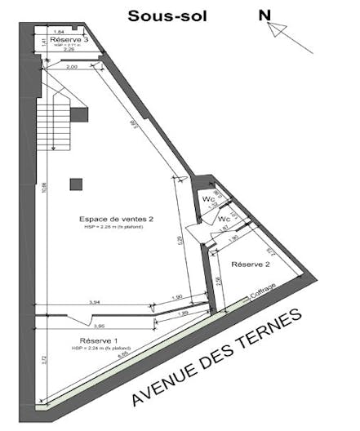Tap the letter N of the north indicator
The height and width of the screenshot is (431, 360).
pyautogui.click(x=264, y=15)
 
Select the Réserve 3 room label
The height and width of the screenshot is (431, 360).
pyautogui.click(x=69, y=39)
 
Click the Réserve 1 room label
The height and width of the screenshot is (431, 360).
pyautogui.click(x=100, y=340)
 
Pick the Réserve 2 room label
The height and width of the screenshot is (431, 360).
pyautogui.click(x=251, y=264)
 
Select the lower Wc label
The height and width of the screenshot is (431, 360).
pyautogui.click(x=224, y=220)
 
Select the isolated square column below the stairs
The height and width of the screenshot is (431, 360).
pyautogui.click(x=75, y=184)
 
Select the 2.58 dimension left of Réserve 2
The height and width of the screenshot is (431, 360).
pyautogui.click(x=218, y=281)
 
